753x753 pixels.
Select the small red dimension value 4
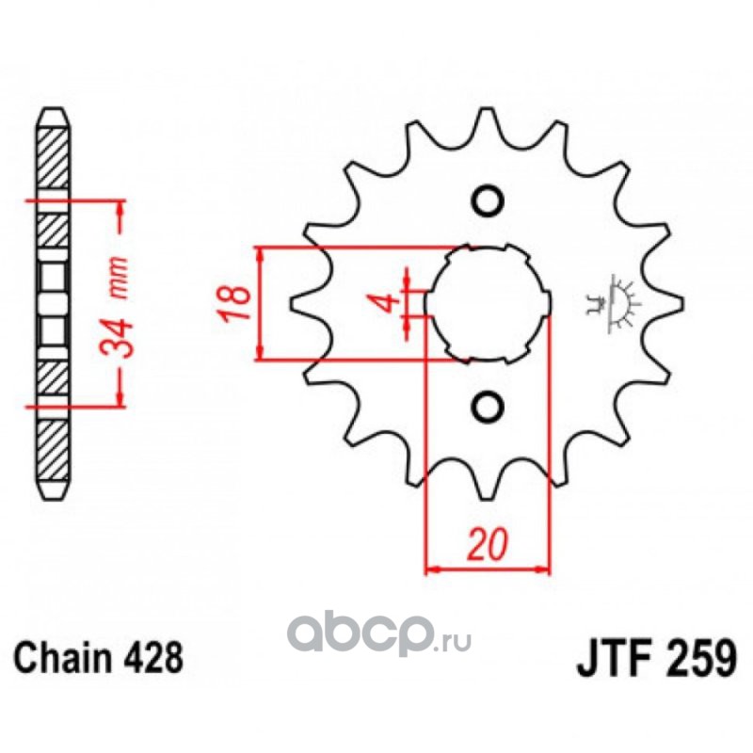pyautogui.click(x=382, y=303)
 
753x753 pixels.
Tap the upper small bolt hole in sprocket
pyautogui.click(x=487, y=200)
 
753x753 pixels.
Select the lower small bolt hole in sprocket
pyautogui.click(x=487, y=406)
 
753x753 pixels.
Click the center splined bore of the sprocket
pyautogui.click(x=487, y=302)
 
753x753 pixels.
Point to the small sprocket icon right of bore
pyautogui.click(x=615, y=302)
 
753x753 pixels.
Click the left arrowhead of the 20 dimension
pyautogui.click(x=434, y=569)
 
